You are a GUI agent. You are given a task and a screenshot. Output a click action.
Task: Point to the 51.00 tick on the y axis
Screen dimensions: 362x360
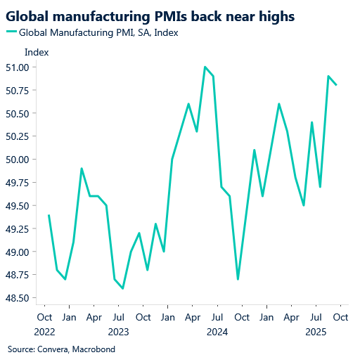[x=26, y=67]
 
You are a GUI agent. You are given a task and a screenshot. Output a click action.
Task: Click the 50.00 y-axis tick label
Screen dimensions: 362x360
[x=26, y=160]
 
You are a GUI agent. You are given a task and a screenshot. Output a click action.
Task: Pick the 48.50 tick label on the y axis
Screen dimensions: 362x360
[x=26, y=298]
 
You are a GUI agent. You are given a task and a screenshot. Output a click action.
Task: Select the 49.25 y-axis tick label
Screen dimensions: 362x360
[x=26, y=229]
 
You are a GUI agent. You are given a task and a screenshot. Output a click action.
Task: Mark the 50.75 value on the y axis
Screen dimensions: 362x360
[x=26, y=91]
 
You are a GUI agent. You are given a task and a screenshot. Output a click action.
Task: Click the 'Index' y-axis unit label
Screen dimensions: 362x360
[x=37, y=52]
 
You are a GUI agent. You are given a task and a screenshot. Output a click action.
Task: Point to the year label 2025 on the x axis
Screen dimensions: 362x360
[x=314, y=330]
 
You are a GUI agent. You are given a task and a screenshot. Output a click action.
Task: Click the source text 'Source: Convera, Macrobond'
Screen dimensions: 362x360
[x=61, y=349]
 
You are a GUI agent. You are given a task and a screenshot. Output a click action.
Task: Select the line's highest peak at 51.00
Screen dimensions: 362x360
[x=205, y=67]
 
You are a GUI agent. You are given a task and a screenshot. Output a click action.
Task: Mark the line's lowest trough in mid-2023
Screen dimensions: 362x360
[x=123, y=288]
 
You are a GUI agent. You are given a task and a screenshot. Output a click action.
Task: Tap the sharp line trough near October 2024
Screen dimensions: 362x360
[x=238, y=279]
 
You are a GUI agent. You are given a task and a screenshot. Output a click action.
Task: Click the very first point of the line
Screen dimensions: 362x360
[x=49, y=215]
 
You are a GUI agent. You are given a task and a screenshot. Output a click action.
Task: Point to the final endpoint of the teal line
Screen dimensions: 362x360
[x=337, y=85]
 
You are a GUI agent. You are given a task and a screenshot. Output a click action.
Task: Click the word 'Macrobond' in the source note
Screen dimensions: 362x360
[x=93, y=349]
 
